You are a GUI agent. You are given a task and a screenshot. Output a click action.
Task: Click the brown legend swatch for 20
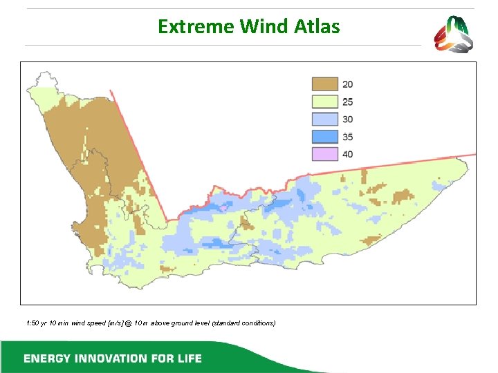325,84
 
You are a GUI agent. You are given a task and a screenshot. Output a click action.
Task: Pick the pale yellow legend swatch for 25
325,102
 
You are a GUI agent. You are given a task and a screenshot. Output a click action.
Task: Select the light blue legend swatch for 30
325,119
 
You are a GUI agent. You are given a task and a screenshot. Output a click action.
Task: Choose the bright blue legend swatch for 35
325,136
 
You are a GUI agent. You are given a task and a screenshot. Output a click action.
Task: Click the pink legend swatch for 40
325,153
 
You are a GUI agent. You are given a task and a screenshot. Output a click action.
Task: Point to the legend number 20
347,84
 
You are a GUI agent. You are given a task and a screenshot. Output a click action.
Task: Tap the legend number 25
347,102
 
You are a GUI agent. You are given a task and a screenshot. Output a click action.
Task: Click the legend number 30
347,119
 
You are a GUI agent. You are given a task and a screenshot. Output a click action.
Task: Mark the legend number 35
347,136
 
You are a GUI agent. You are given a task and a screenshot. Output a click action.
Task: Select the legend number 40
347,153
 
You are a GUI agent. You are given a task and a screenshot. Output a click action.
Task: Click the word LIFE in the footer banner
187,358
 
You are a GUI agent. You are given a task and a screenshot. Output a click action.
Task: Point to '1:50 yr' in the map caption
35,323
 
